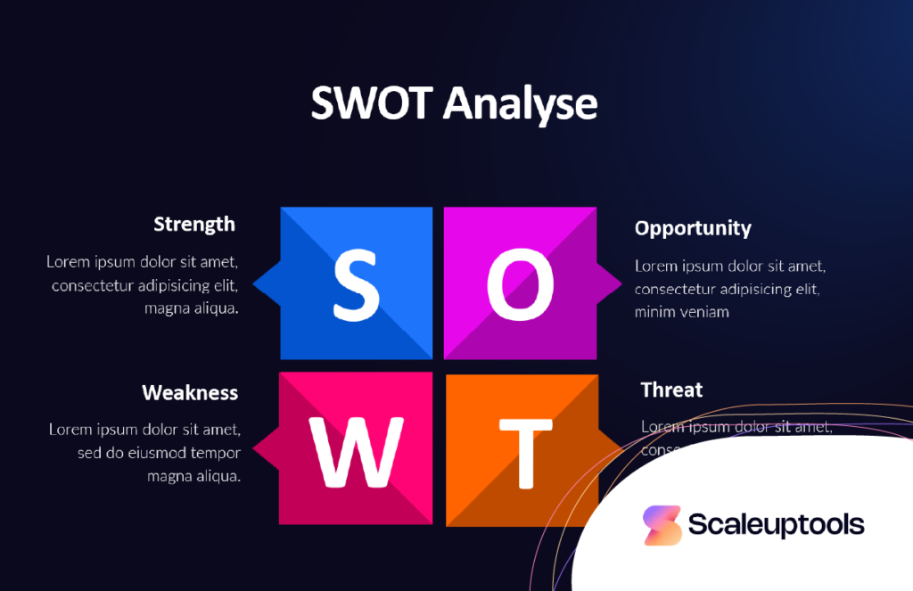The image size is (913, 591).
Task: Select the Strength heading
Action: [x=194, y=224]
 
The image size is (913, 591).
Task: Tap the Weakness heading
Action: [x=190, y=392]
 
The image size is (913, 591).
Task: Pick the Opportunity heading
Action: [x=693, y=228]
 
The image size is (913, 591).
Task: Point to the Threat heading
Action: [x=671, y=390]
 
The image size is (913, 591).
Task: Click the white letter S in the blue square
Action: [x=356, y=284]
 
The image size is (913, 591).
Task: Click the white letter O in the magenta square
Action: [x=520, y=284]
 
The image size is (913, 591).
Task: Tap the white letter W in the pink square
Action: [x=357, y=450]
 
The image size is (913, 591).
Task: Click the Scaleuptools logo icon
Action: [x=662, y=526]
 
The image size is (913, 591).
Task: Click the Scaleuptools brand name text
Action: [x=776, y=525]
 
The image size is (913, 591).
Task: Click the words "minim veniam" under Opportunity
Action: [x=682, y=312]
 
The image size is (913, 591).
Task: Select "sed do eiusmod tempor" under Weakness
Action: [x=159, y=453]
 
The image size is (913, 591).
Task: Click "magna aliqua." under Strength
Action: [x=192, y=308]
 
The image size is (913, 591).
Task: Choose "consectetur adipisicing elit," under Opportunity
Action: [x=727, y=289]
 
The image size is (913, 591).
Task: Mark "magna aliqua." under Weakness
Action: [x=194, y=476]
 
